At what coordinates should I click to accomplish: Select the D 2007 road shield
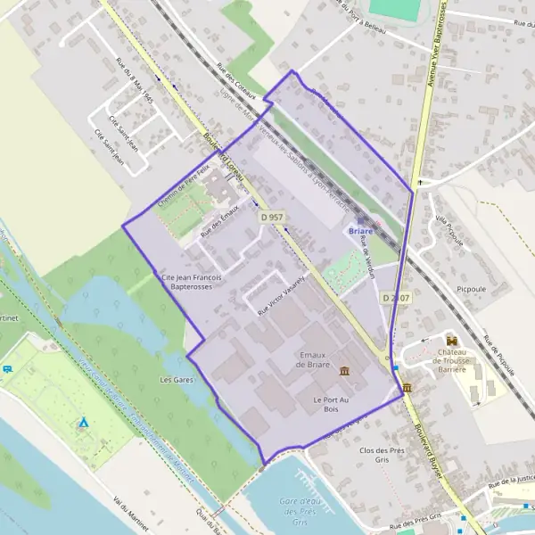pos(395,297)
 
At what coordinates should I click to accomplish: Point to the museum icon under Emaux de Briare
pos(345,371)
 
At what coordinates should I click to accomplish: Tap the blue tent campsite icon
pos(83,421)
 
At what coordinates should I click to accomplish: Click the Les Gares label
pos(177,380)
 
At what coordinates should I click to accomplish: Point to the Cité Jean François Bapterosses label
pos(191,283)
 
